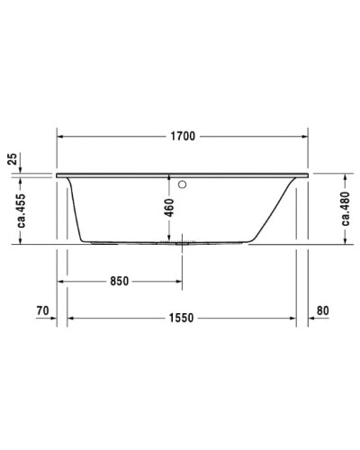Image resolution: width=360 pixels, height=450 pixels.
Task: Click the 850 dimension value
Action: tap(120, 280)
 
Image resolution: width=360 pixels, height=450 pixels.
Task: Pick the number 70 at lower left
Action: tap(41, 311)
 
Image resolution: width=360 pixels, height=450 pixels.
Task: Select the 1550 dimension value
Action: tap(183, 319)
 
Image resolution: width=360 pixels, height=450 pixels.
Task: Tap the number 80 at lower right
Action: tap(325, 311)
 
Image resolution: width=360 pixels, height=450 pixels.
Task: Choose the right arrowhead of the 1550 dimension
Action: tap(292, 319)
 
